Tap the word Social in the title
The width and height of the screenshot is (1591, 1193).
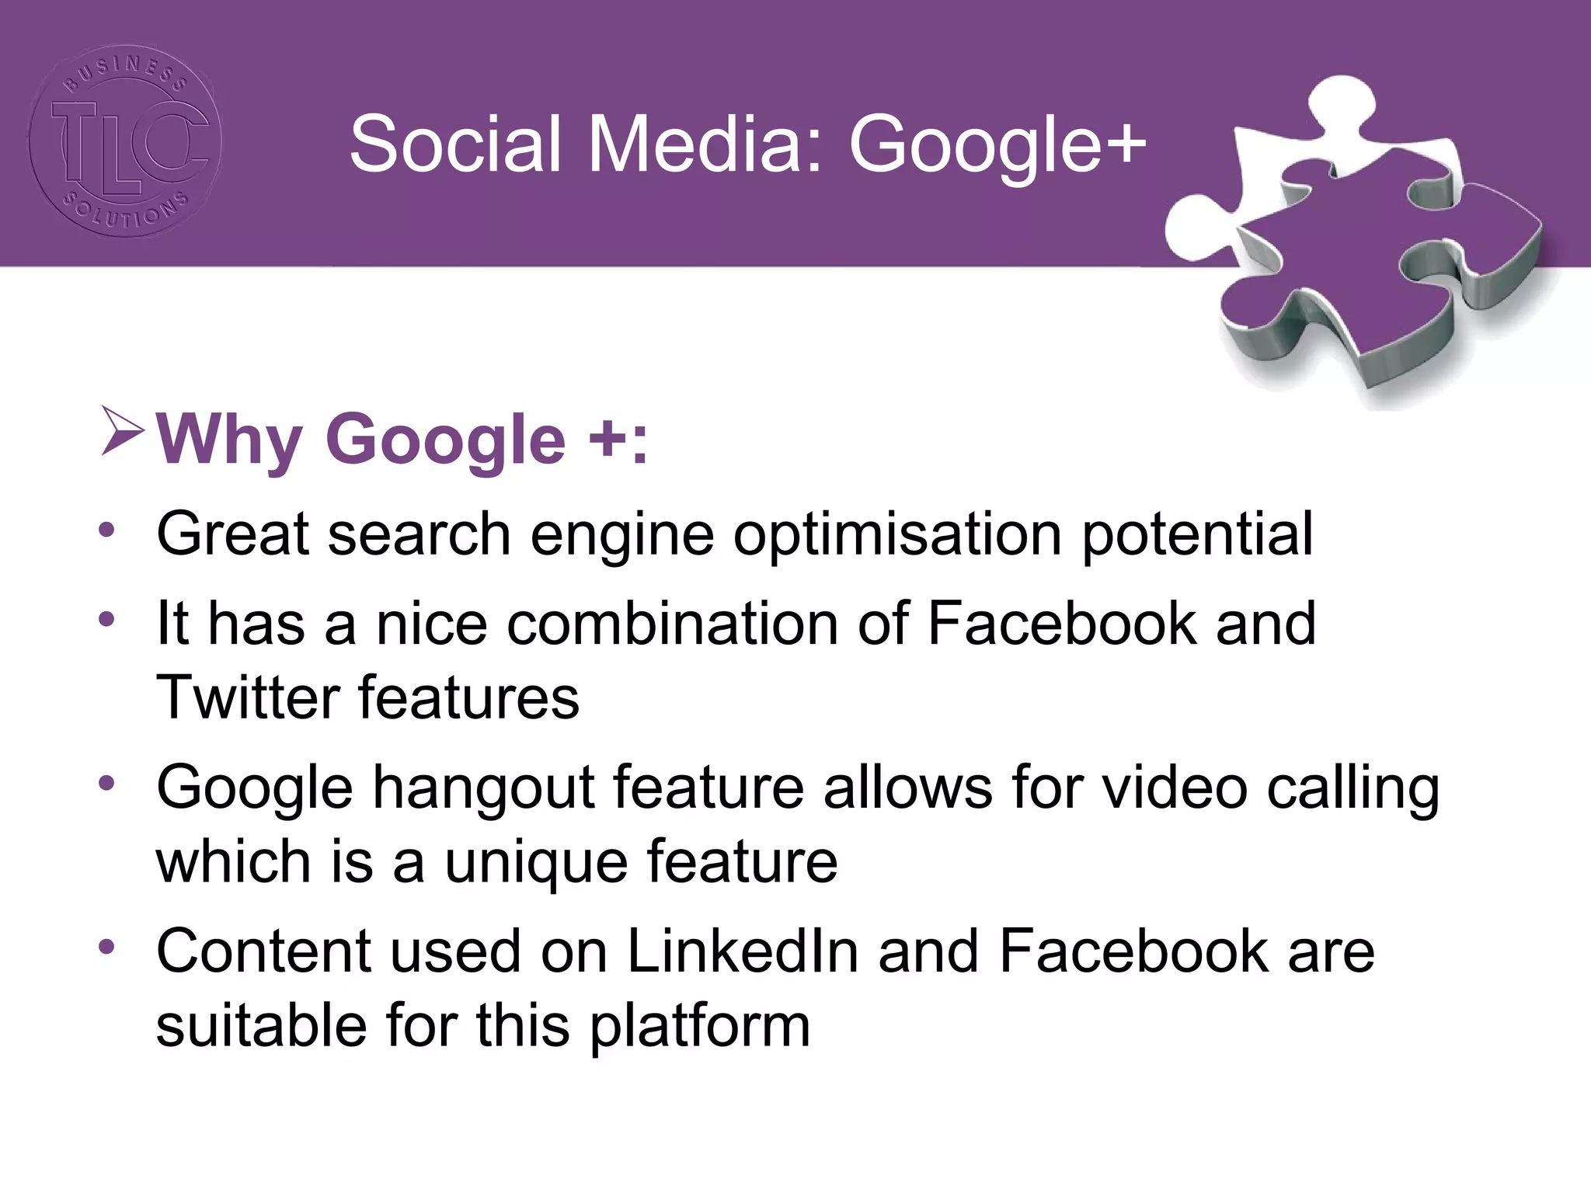click(x=455, y=144)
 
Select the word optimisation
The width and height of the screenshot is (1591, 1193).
click(x=897, y=536)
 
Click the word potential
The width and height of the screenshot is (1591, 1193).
click(x=1197, y=536)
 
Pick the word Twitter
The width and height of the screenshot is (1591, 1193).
click(x=247, y=697)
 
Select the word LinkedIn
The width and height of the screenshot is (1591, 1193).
click(x=743, y=951)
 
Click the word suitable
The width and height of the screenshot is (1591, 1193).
click(x=261, y=1025)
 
